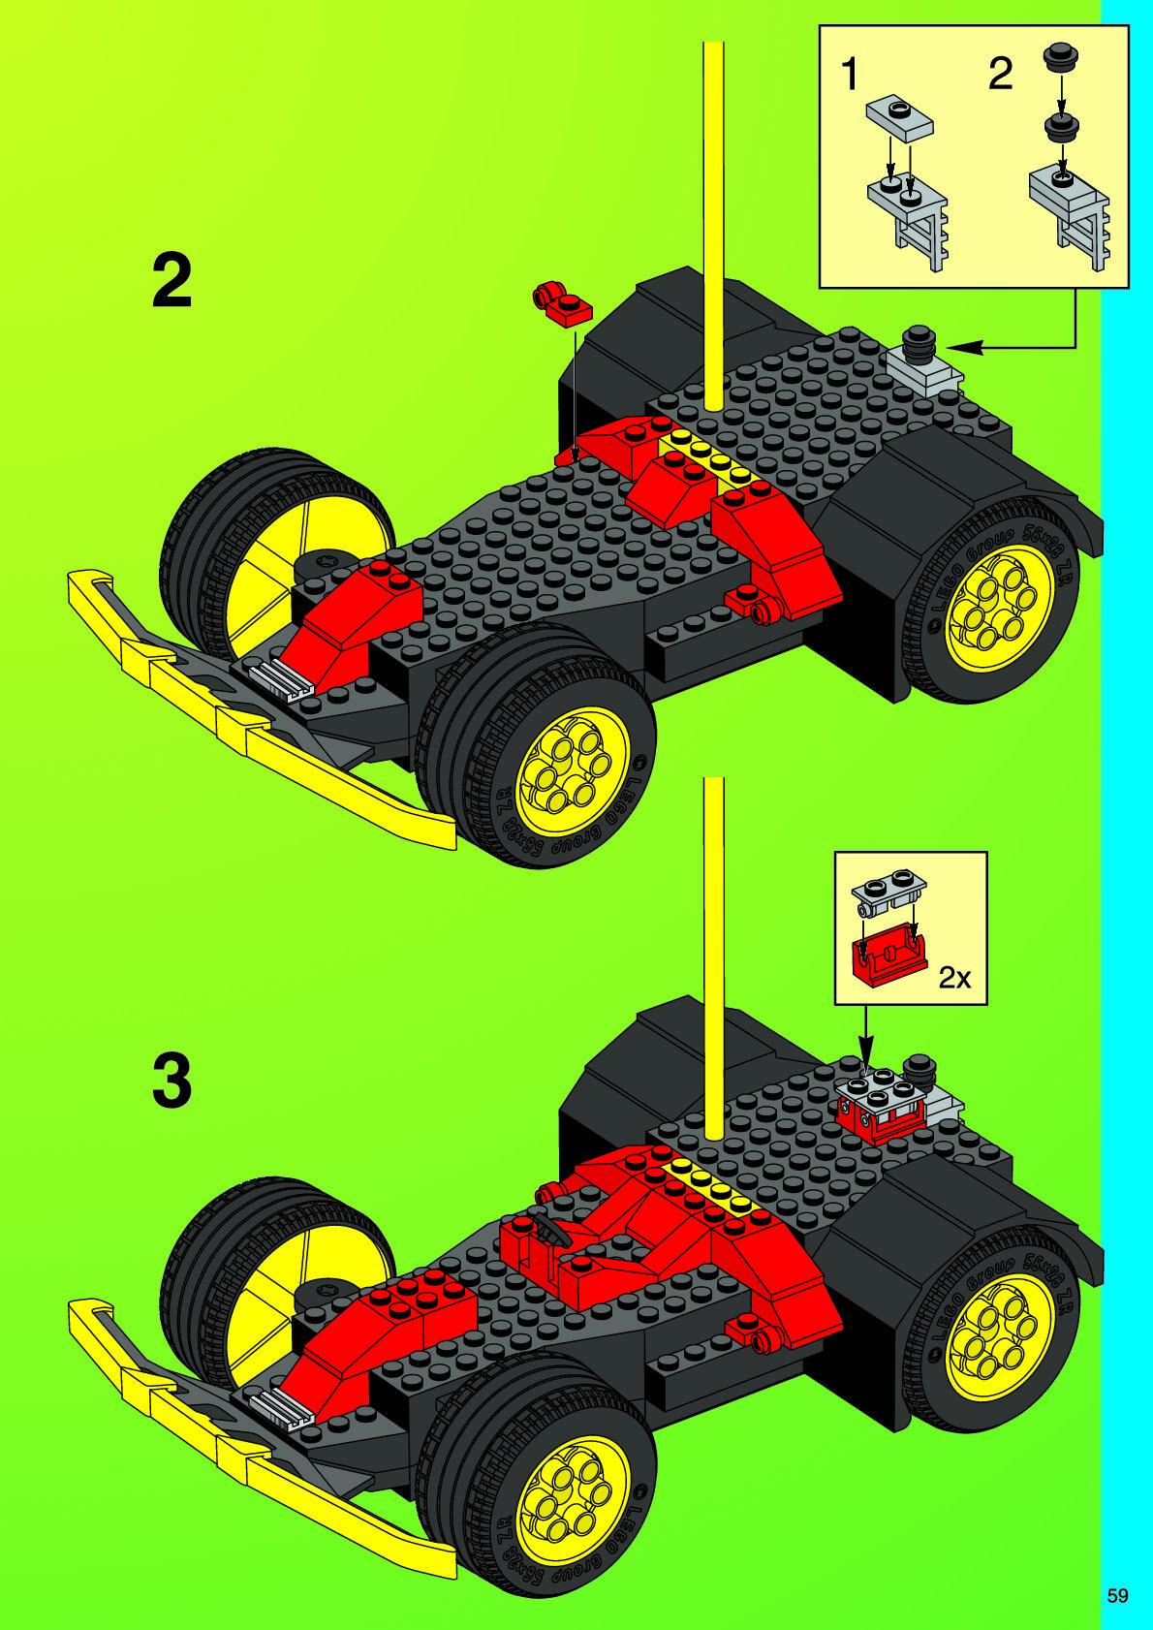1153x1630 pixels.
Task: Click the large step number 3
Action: (172, 1081)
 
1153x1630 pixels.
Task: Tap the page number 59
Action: (1117, 1595)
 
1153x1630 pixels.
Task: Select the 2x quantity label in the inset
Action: (954, 979)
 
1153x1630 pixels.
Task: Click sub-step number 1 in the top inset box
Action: (850, 75)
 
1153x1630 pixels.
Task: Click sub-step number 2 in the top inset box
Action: (1000, 75)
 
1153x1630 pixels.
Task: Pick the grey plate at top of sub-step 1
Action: (899, 116)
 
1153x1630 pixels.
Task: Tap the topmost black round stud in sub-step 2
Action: (1061, 56)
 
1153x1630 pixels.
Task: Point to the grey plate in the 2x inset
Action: (888, 892)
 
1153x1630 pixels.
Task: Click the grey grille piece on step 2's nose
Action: (282, 677)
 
